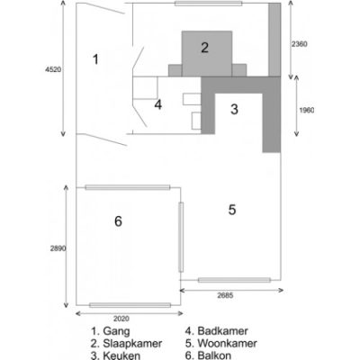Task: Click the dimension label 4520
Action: (x=53, y=69)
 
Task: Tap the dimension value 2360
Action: (x=299, y=44)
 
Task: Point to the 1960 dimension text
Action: (x=307, y=110)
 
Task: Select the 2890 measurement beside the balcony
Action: (x=58, y=248)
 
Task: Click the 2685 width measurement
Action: (x=225, y=295)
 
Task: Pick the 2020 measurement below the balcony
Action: (x=121, y=319)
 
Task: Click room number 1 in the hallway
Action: (x=95, y=59)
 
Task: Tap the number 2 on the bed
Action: (x=204, y=48)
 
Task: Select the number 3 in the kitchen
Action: (x=234, y=109)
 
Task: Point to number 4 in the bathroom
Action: (x=158, y=104)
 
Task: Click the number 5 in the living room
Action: (x=232, y=210)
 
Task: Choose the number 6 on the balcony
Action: (x=118, y=221)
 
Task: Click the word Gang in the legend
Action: (x=116, y=331)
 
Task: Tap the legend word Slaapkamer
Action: (x=132, y=343)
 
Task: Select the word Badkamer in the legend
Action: (x=222, y=331)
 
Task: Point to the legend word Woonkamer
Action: (x=228, y=343)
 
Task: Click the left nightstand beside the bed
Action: (x=175, y=70)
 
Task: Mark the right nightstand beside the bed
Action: (x=239, y=70)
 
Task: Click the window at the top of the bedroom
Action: (x=209, y=4)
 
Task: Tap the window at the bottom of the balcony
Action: (x=130, y=305)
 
